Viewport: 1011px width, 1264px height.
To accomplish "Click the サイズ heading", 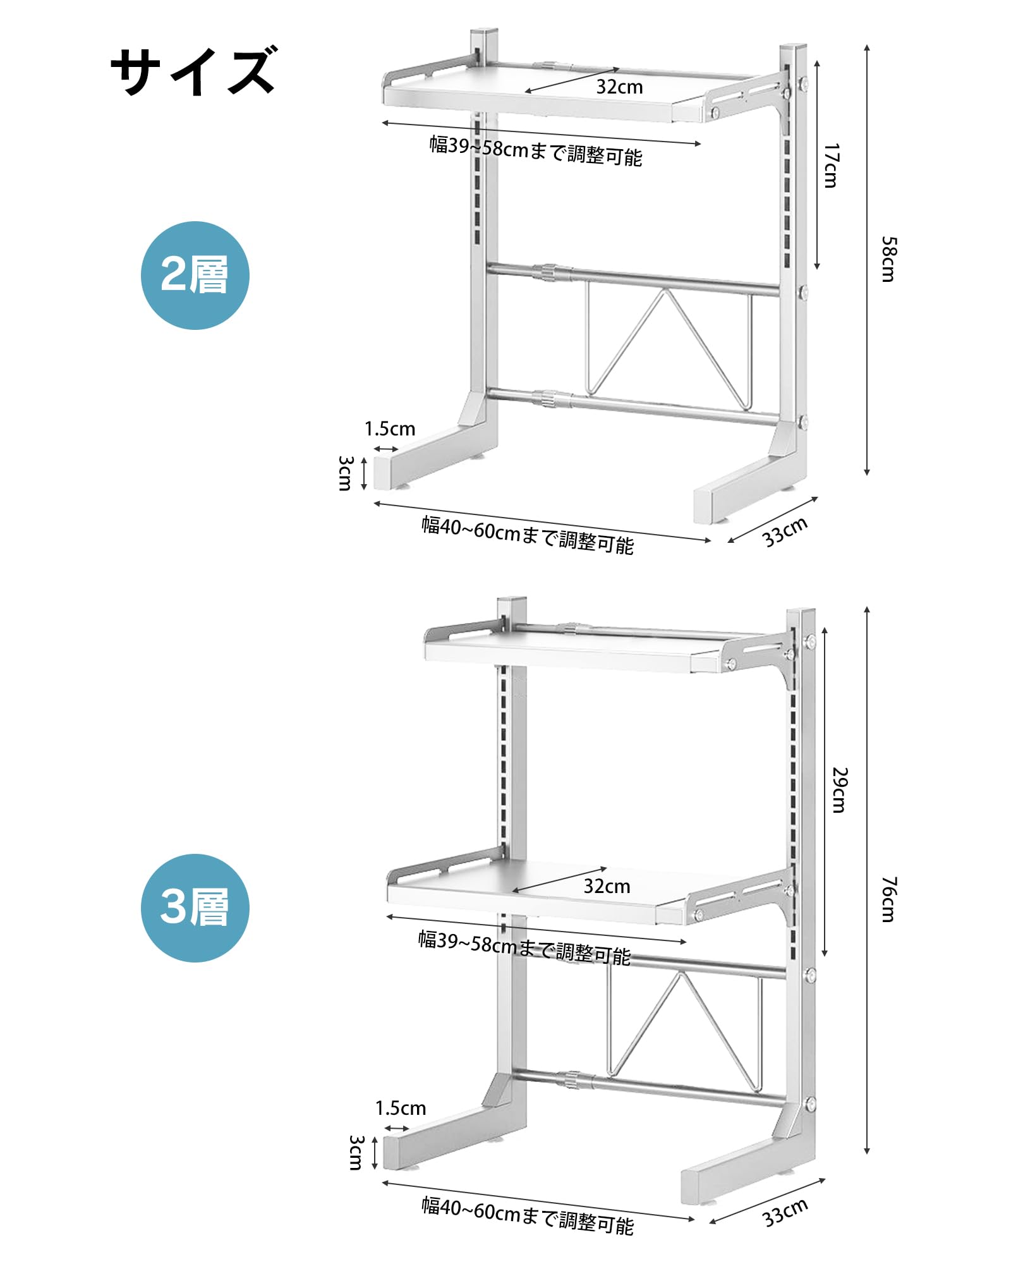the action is [x=193, y=71].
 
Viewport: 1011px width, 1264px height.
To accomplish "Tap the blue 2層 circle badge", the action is [x=195, y=276].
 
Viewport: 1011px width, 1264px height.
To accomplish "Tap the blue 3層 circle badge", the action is [x=195, y=908].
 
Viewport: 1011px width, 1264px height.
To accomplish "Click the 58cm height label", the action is [x=888, y=259].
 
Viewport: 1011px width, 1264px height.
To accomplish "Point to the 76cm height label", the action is [x=888, y=899].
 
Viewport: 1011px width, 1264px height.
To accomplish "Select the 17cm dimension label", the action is [x=831, y=166].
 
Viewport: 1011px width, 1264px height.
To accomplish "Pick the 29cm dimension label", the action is [x=838, y=790].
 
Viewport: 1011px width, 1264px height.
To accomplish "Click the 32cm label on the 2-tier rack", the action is [x=619, y=87].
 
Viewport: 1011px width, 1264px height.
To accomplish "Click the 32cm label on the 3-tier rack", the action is [x=607, y=886].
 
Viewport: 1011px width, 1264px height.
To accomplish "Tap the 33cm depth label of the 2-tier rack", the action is [x=785, y=532].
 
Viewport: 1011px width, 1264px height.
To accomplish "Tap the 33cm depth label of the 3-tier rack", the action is [x=785, y=1212].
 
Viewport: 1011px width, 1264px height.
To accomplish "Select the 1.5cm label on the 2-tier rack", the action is [x=390, y=429].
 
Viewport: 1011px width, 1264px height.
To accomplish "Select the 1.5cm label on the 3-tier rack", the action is [x=401, y=1108].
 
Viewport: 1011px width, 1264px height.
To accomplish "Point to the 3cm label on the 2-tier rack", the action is [x=344, y=473].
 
